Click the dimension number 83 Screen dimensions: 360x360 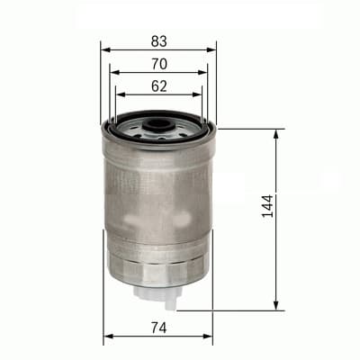(x=158, y=40)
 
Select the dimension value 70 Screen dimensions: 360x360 (x=158, y=64)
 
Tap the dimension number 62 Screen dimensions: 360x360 (x=158, y=87)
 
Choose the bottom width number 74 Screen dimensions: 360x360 (x=158, y=327)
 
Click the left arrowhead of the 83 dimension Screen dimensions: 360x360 (x=104, y=49)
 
